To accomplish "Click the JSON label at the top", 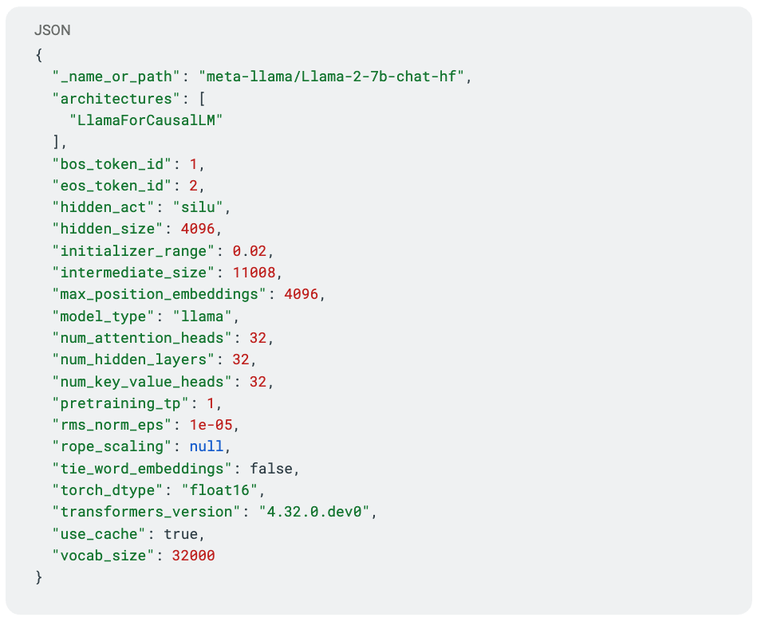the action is (x=52, y=30).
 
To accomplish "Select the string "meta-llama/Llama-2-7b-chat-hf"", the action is (x=332, y=77).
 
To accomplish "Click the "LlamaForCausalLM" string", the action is (x=146, y=120).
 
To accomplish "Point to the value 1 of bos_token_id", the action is (x=193, y=164).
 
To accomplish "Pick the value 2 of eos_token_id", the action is (x=193, y=186).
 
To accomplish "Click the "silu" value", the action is (x=198, y=207).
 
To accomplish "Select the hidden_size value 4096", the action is (x=198, y=229).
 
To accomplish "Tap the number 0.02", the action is (x=249, y=251).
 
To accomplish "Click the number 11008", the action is (x=254, y=273).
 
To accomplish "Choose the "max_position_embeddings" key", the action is (x=159, y=294).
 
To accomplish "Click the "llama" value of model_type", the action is (x=203, y=316).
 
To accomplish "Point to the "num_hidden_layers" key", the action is (x=133, y=360).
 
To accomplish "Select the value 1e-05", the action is (x=211, y=425).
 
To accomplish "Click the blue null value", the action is (x=206, y=446).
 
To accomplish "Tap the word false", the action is (x=271, y=469).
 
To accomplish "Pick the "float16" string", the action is (x=219, y=490).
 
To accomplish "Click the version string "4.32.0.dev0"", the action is (x=313, y=512).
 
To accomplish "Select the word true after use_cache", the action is (x=180, y=534).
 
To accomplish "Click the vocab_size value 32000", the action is (x=193, y=556).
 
